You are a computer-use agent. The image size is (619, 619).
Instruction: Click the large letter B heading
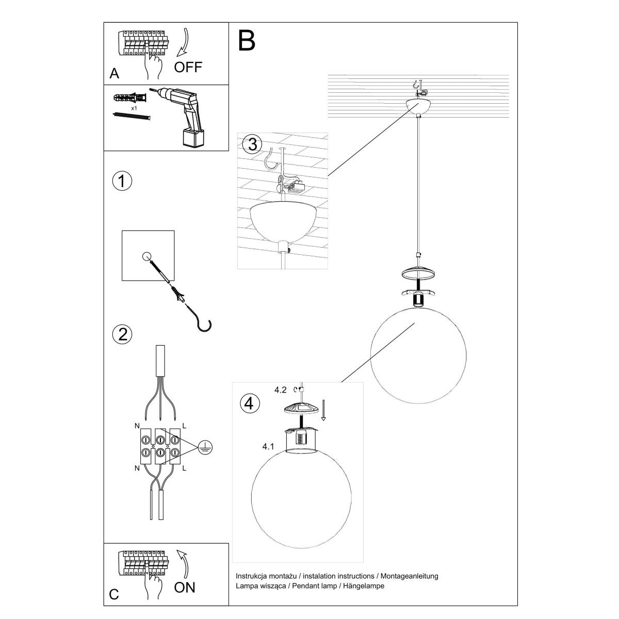(x=247, y=41)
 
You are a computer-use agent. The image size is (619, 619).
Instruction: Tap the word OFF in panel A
(x=188, y=67)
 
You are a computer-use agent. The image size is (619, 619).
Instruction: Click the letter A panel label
(x=115, y=74)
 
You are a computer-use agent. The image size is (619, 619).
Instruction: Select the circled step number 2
(x=122, y=334)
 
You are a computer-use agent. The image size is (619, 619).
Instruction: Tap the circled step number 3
(x=252, y=144)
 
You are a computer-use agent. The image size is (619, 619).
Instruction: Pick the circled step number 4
(x=250, y=403)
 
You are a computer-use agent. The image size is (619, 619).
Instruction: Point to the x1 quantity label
(x=134, y=109)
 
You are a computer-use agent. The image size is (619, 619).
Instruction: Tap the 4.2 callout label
(x=281, y=390)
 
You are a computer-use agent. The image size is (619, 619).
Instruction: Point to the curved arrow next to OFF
(x=184, y=44)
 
